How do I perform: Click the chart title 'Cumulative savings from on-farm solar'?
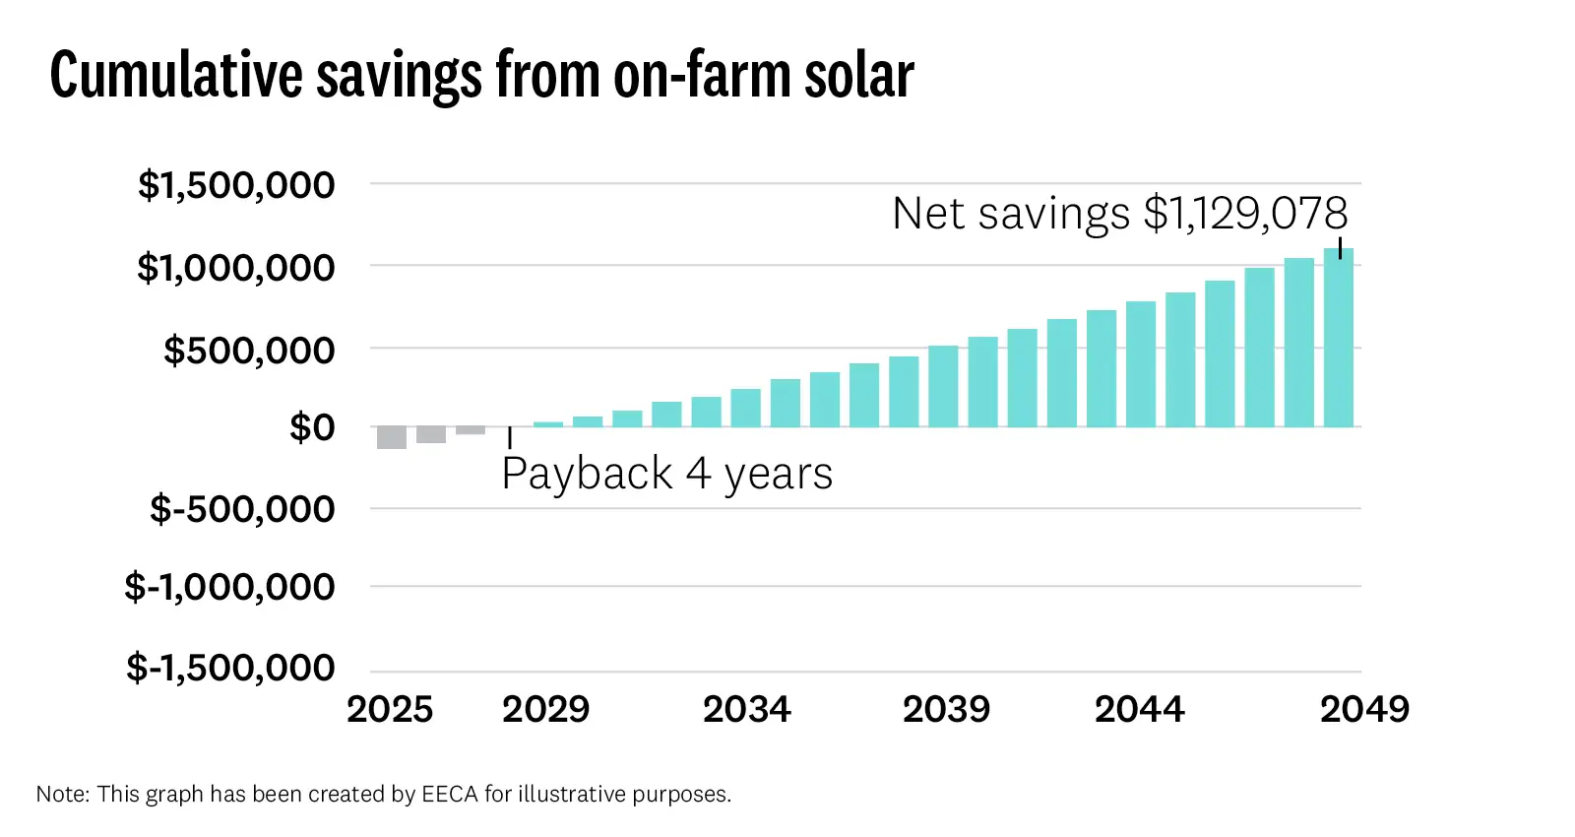(x=481, y=75)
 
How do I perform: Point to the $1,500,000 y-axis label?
(x=236, y=185)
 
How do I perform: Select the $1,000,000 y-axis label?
(x=236, y=268)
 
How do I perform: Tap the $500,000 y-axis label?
(x=249, y=351)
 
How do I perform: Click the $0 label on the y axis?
(x=312, y=428)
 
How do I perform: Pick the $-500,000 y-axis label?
(x=242, y=510)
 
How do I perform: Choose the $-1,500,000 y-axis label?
(x=230, y=668)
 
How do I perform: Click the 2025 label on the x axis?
(x=390, y=709)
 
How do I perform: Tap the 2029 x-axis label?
(x=545, y=709)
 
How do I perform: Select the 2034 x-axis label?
(x=746, y=709)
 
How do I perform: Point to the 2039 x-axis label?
(x=946, y=709)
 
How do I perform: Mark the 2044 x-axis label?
(x=1139, y=709)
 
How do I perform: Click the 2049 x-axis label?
(x=1364, y=709)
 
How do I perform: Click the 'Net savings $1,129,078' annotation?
(x=1119, y=214)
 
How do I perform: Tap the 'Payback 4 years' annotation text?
(x=666, y=474)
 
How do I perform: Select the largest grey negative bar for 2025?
(x=392, y=437)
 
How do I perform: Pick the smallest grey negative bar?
(x=471, y=430)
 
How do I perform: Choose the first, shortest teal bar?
(x=548, y=424)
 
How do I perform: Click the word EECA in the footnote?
(x=450, y=795)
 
